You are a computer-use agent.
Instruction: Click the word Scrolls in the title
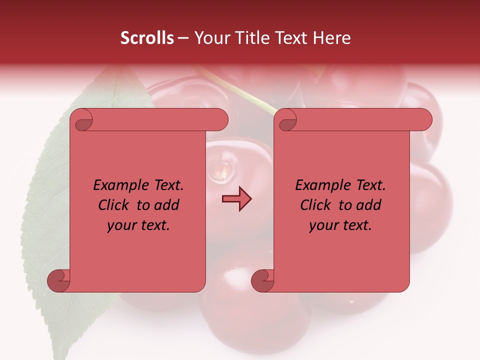tap(147, 37)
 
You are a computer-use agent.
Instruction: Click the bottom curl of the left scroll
tap(58, 280)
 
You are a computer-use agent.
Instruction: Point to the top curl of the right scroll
tap(286, 120)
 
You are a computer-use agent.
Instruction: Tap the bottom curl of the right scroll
tap(262, 280)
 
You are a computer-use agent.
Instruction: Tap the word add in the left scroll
tap(166, 205)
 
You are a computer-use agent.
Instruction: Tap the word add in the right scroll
tap(368, 205)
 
